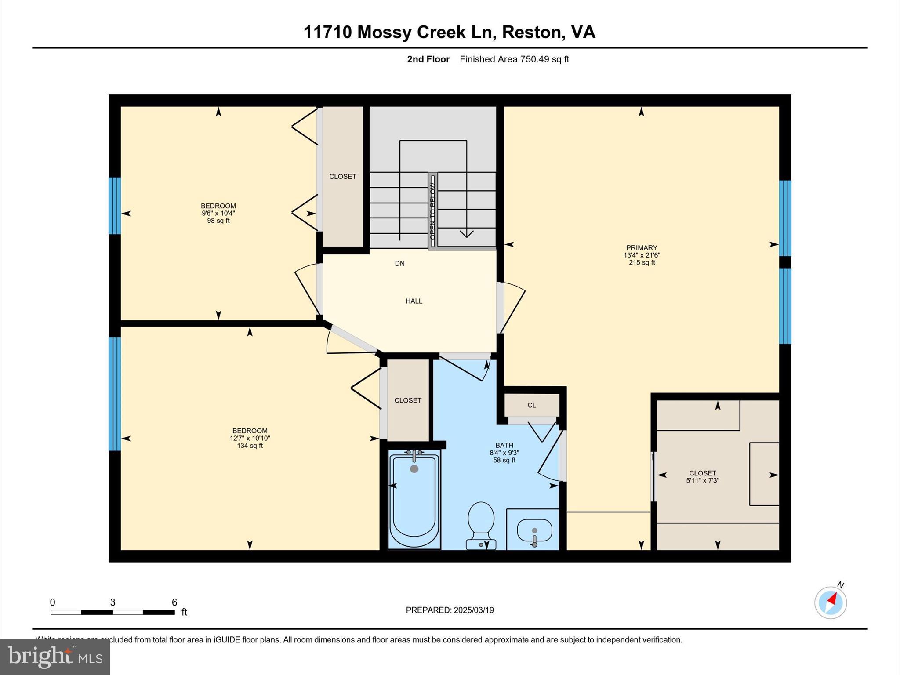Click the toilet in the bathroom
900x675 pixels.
(x=481, y=523)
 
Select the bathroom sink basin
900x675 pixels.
(x=534, y=531)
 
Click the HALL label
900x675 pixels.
(x=414, y=301)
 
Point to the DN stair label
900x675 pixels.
(x=399, y=264)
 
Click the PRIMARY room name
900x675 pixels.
(x=642, y=248)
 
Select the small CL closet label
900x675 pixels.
(x=532, y=405)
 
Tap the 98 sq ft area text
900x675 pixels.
(x=218, y=221)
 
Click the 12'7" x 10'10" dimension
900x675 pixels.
(x=250, y=438)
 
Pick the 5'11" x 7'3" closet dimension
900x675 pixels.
(x=702, y=480)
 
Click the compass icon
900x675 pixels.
(x=830, y=602)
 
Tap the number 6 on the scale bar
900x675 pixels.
(x=174, y=602)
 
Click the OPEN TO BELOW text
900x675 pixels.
(x=433, y=211)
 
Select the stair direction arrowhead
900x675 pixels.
(x=466, y=234)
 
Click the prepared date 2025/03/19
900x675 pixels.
(x=474, y=610)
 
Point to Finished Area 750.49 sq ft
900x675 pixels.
(x=514, y=59)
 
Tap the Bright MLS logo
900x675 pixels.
(x=55, y=657)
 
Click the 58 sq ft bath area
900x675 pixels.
(x=504, y=460)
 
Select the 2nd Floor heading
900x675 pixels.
(x=428, y=59)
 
